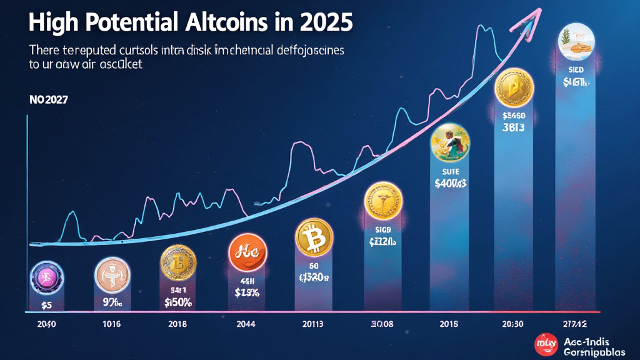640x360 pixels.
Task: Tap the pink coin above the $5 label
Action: pyautogui.click(x=45, y=276)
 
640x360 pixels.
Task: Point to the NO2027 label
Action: pyautogui.click(x=47, y=99)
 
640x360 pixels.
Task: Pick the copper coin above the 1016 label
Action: pyautogui.click(x=112, y=274)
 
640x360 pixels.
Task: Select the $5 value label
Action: pyautogui.click(x=45, y=305)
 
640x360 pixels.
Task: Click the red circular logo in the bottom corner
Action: pyautogui.click(x=546, y=344)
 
